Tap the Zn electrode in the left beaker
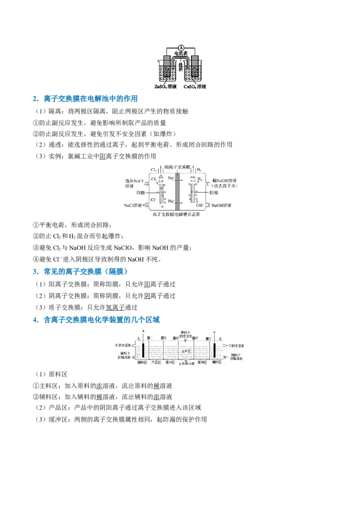[x=166, y=68]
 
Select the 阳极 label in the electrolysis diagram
[x=141, y=192]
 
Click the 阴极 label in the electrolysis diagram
[x=214, y=192]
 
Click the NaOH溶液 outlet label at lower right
[x=221, y=205]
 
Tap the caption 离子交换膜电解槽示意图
[x=176, y=214]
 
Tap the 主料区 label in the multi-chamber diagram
[x=187, y=350]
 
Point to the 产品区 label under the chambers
[x=156, y=362]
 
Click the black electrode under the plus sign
[x=143, y=350]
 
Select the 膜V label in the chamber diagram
[x=208, y=338]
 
